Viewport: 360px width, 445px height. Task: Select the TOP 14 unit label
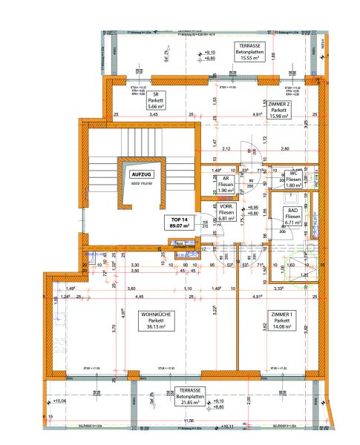[x=176, y=220]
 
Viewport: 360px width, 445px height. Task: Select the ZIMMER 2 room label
[x=278, y=105]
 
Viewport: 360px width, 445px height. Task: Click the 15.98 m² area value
[x=278, y=116]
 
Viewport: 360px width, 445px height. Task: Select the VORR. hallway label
[x=226, y=208]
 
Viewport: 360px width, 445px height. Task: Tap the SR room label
[x=157, y=95]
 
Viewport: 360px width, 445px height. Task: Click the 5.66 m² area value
[x=157, y=107]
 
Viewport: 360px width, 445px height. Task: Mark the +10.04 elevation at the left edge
[x=59, y=401]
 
